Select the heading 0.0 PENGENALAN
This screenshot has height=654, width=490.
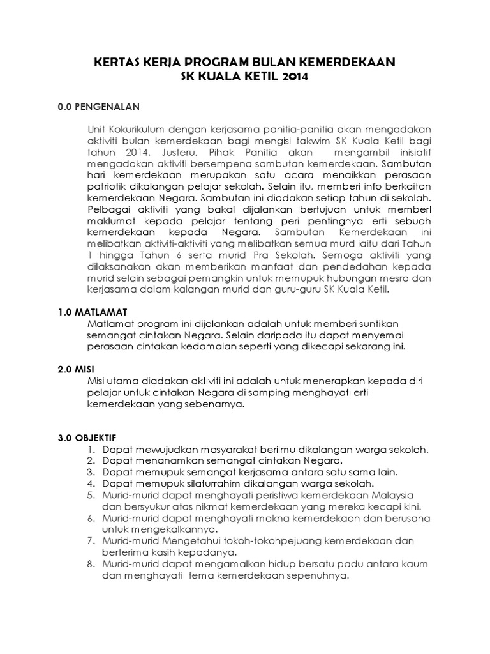tap(99, 107)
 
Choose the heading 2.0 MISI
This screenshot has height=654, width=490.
tap(79, 370)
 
